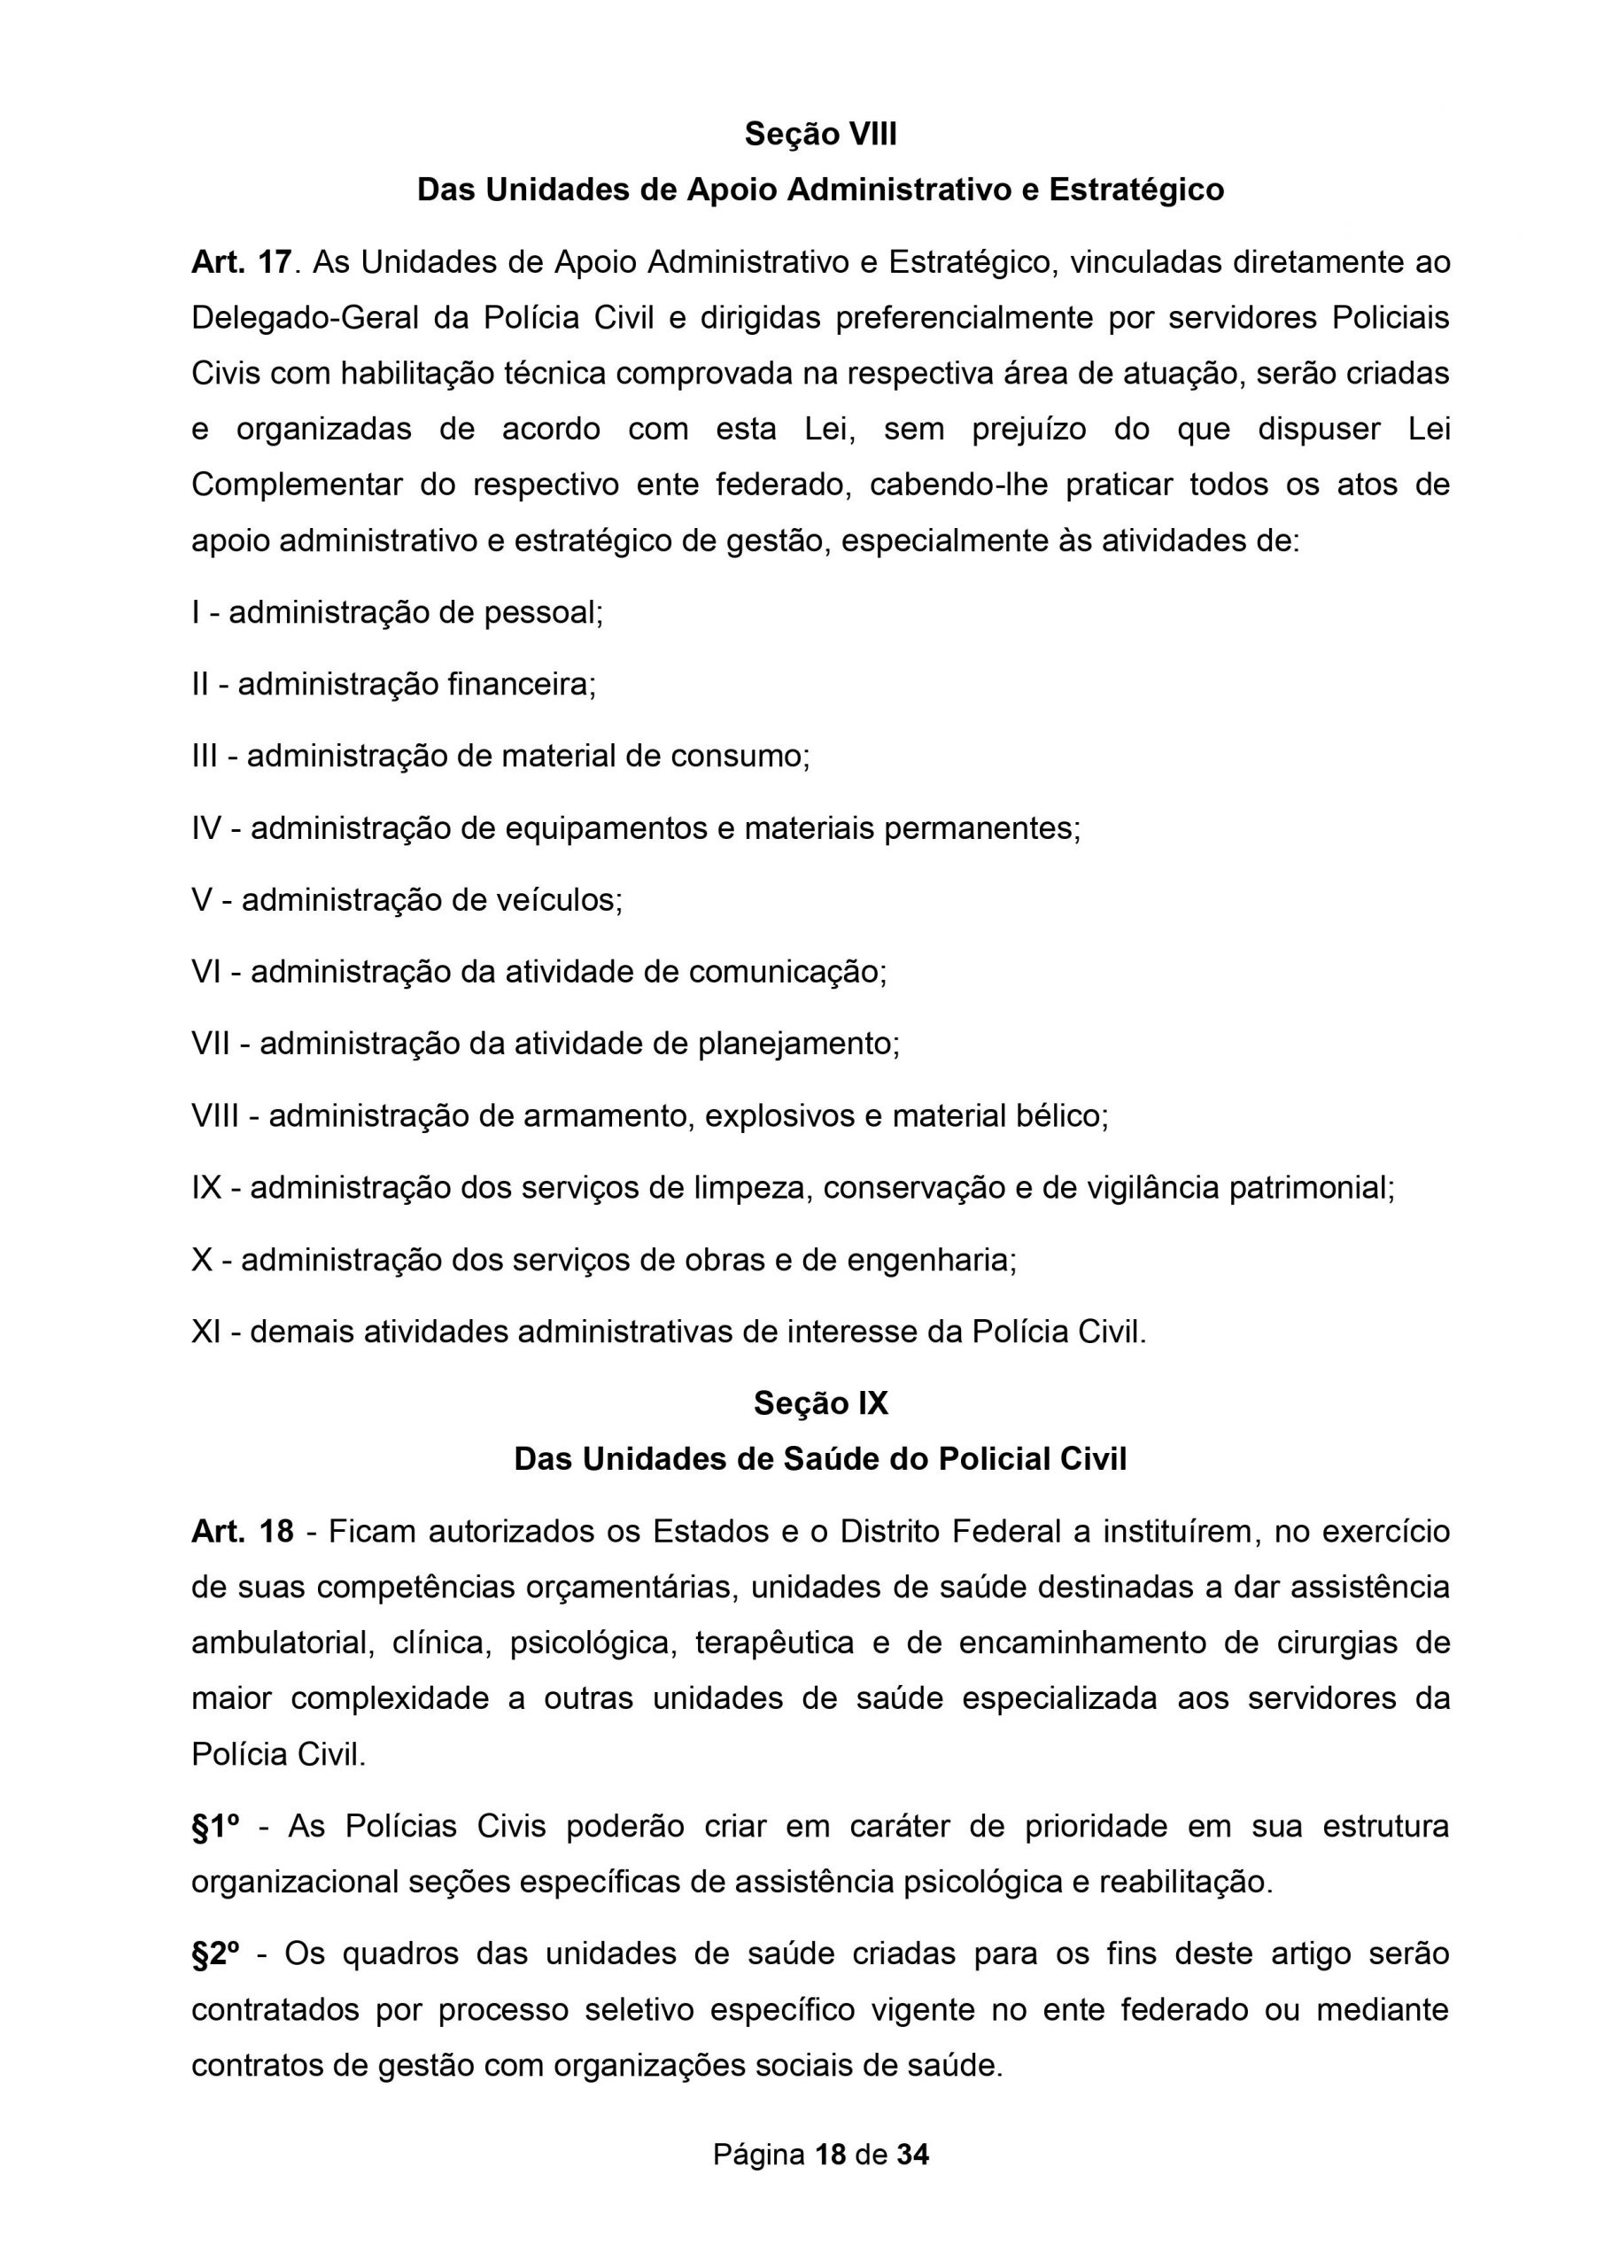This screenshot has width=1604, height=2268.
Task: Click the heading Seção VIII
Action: pyautogui.click(x=820, y=135)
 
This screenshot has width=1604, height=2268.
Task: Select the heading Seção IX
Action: pyautogui.click(x=820, y=1403)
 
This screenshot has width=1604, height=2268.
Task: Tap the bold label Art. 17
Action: pyautogui.click(x=241, y=263)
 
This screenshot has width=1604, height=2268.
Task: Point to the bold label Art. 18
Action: pyautogui.click(x=242, y=1531)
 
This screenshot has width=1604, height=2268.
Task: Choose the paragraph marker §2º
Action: pyautogui.click(x=215, y=1953)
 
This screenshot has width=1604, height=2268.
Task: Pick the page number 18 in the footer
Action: pyautogui.click(x=832, y=2155)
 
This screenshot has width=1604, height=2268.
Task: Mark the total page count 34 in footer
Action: pyautogui.click(x=912, y=2155)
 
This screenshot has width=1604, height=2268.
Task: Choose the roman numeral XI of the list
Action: pyautogui.click(x=205, y=1332)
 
